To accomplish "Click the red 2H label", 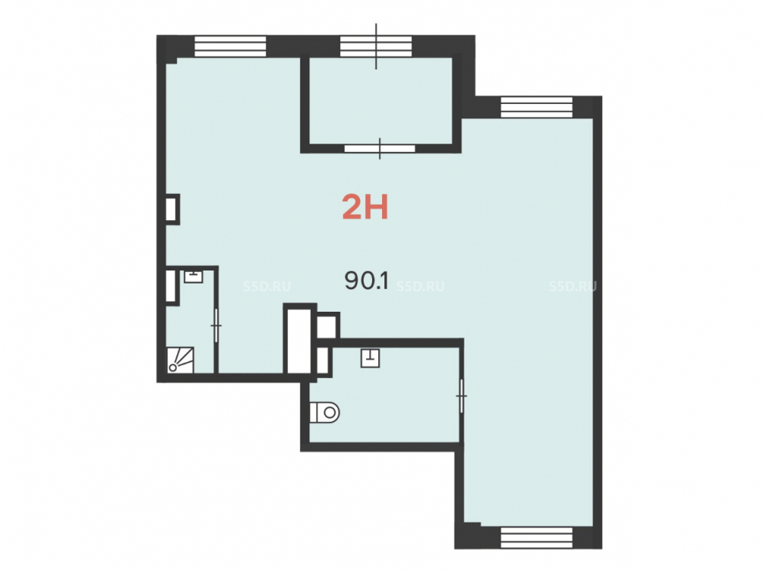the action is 365,207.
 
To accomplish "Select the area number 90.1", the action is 367,281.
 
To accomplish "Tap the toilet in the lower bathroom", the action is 325,413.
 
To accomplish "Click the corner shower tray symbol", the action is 180,360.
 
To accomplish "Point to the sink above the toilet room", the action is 371,358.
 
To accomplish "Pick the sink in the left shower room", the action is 193,277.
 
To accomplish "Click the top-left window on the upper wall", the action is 231,47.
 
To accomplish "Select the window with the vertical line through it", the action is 376,47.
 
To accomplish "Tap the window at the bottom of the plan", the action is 536,537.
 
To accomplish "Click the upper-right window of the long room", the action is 536,107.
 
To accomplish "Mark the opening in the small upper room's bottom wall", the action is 380,149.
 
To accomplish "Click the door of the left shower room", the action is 216,325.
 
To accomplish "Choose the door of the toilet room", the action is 461,396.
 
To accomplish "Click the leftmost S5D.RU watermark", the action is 267,286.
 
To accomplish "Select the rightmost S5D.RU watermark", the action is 572,286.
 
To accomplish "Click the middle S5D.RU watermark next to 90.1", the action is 420,286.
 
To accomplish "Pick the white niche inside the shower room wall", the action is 170,286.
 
